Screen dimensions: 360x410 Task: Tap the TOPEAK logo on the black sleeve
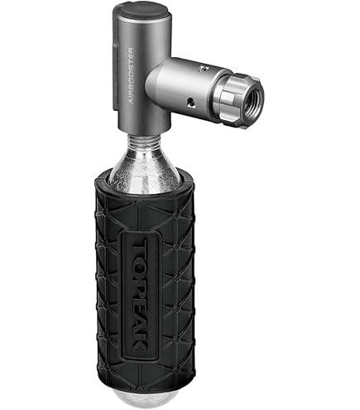[139, 295]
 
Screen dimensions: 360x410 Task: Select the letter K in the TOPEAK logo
[139, 342]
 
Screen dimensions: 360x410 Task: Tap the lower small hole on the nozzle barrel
[190, 103]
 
